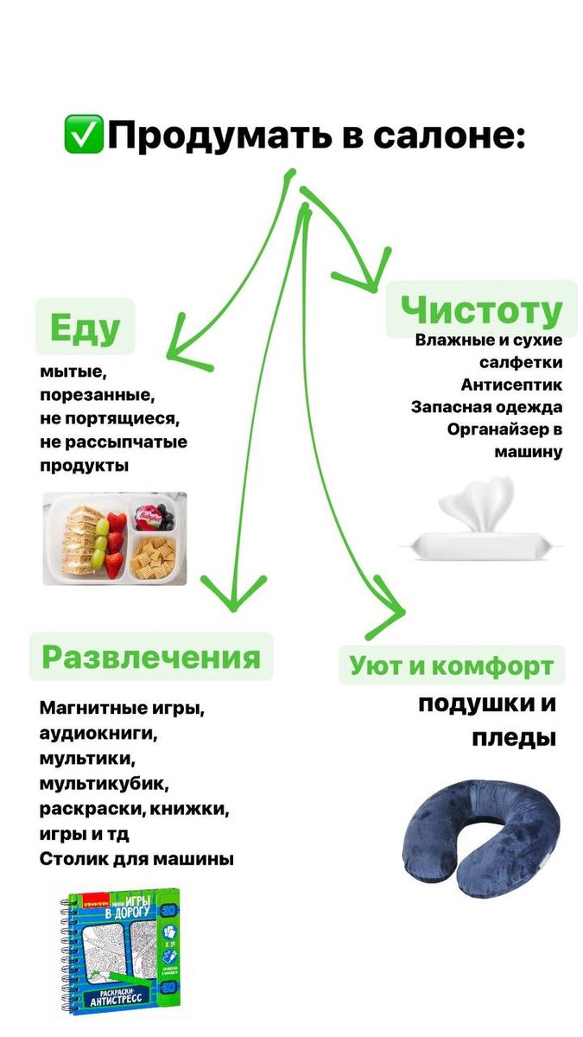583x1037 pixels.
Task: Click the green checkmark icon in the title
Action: (84, 135)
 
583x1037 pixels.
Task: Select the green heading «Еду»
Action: (85, 328)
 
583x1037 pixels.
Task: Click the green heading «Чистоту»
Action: (481, 309)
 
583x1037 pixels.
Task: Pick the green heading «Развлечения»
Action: (151, 657)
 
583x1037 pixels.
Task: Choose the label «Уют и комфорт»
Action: (451, 665)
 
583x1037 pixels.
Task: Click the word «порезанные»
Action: (95, 396)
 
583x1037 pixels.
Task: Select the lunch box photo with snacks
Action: (115, 538)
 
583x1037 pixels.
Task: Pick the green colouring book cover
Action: (123, 951)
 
